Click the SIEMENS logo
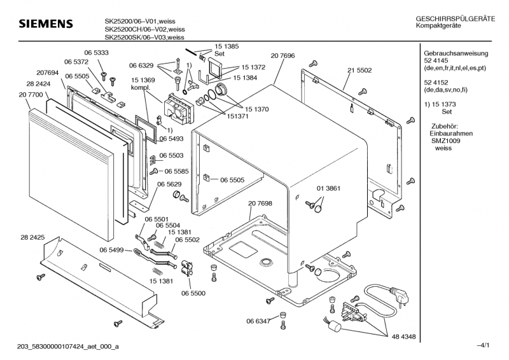tap(46, 24)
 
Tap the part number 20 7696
tap(282, 56)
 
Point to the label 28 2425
tap(32, 237)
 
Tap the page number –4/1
tap(483, 345)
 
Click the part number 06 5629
tap(170, 184)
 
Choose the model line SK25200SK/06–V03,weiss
tap(145, 37)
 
